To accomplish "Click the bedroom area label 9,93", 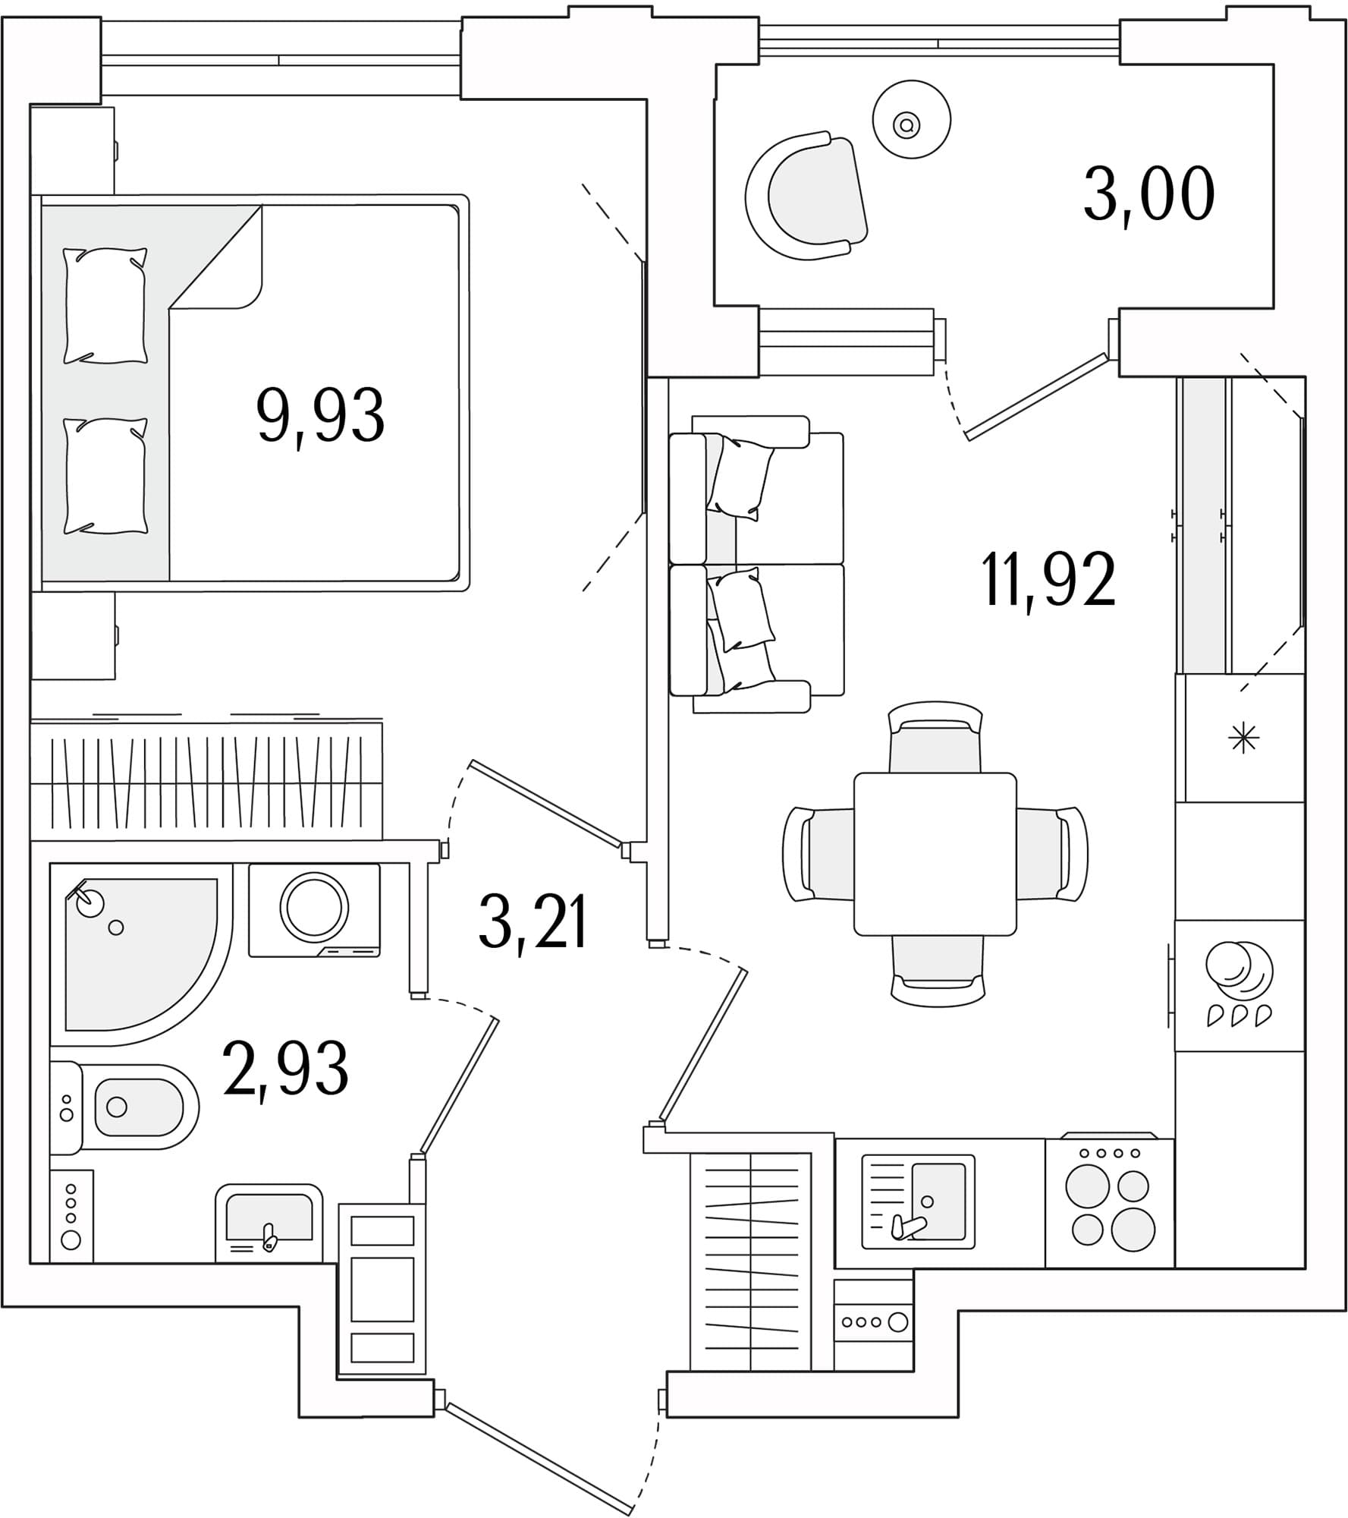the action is tap(321, 416).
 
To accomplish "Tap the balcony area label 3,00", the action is tap(1148, 195).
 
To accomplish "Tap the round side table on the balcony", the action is tap(912, 119).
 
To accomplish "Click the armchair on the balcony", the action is tap(806, 196).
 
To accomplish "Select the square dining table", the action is tap(935, 854).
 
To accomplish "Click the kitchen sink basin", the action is tap(938, 1201).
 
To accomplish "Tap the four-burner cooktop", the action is tap(1110, 1203).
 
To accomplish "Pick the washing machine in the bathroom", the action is tap(314, 910).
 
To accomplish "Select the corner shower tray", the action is tap(140, 953).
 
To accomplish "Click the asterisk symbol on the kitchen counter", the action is tap(1243, 738).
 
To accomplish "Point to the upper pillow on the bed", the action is tap(105, 306).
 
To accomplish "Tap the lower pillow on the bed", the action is tap(105, 476).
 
